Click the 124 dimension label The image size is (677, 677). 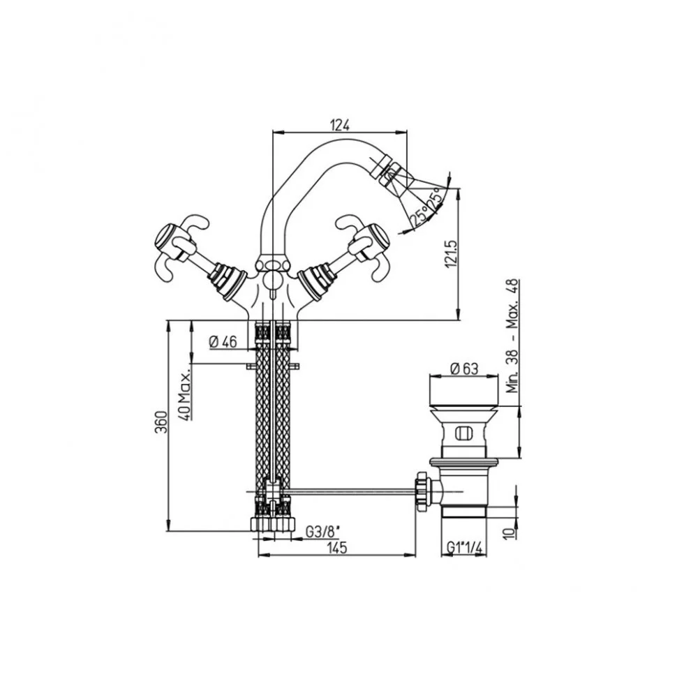[x=339, y=125]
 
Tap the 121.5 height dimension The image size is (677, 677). [x=452, y=255]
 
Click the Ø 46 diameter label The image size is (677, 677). [x=223, y=342]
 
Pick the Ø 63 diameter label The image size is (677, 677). [x=464, y=369]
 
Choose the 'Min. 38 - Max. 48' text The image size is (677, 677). [x=512, y=336]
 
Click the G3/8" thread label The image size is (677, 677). [x=323, y=532]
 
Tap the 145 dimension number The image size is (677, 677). [x=337, y=548]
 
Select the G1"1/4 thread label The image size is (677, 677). [x=464, y=548]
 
